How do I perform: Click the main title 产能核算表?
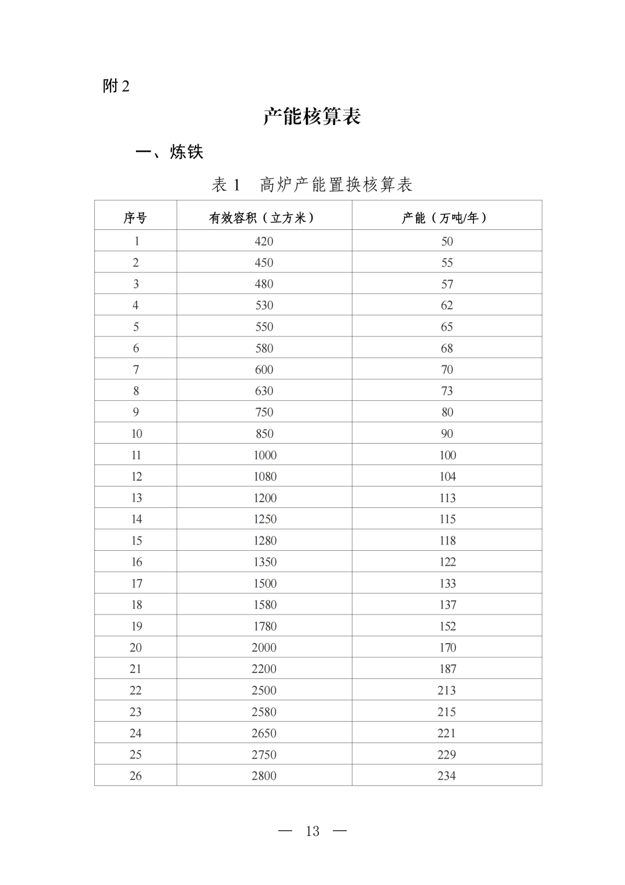tap(312, 116)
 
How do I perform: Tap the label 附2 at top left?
tap(116, 86)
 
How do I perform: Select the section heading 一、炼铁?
tap(170, 152)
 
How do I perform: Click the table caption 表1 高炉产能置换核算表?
tap(312, 185)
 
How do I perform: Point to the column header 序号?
tap(135, 218)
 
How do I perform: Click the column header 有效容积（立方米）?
tap(264, 218)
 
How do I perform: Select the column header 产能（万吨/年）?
tap(446, 218)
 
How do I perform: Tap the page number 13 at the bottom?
tap(312, 831)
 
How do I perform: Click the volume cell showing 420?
tap(264, 241)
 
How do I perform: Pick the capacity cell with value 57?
tap(447, 284)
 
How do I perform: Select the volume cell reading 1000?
tap(264, 455)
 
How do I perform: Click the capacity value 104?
tap(447, 477)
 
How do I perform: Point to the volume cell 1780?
tap(264, 626)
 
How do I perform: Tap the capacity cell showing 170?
tap(447, 648)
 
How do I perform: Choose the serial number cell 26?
tap(135, 776)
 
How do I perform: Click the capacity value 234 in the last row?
tap(447, 776)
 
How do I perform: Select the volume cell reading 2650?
tap(264, 733)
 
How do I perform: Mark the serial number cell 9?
tap(135, 412)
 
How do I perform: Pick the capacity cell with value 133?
tap(447, 583)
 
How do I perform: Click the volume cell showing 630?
tap(264, 391)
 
